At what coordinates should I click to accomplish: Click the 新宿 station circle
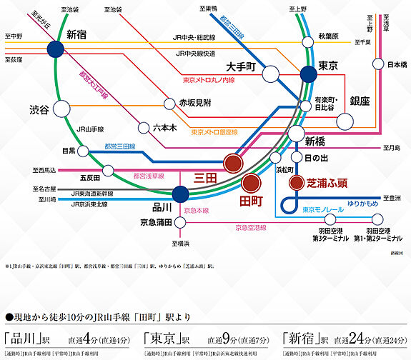point(55,49)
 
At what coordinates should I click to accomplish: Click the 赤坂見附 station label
point(197,103)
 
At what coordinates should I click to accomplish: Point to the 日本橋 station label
point(397,64)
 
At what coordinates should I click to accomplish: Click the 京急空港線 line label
point(255,227)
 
